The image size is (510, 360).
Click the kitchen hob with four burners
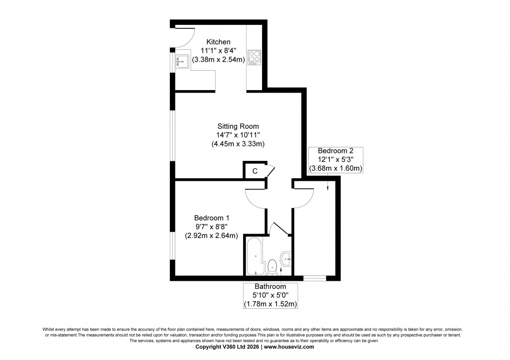(x=254, y=57)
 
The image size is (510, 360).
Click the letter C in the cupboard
(x=255, y=171)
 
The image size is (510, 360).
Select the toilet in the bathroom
(x=272, y=267)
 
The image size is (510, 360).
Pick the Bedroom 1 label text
(x=211, y=218)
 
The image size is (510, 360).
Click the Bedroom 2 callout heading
(x=336, y=151)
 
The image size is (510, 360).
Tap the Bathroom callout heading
(x=270, y=287)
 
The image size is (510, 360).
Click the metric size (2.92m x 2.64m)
(x=211, y=236)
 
